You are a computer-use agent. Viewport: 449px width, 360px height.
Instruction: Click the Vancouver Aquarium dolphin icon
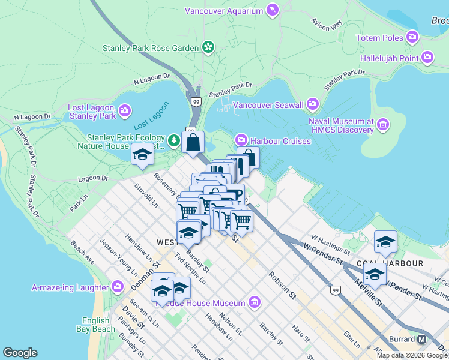(x=273, y=11)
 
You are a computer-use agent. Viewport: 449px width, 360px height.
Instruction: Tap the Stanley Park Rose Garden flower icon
(x=208, y=47)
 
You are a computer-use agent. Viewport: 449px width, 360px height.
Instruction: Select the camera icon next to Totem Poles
(x=412, y=38)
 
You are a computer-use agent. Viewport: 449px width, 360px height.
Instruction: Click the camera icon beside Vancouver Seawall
(x=312, y=105)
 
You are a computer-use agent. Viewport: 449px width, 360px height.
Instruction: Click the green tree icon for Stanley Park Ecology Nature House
(x=174, y=140)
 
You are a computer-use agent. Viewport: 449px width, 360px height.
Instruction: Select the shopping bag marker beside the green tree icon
(x=193, y=143)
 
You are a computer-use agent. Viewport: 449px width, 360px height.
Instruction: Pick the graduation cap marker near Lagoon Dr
(x=143, y=155)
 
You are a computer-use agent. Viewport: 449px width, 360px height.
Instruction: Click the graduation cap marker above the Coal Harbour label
(x=385, y=241)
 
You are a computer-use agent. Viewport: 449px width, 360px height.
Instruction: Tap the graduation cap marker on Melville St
(x=375, y=274)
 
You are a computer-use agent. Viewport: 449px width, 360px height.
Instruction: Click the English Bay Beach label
(x=95, y=325)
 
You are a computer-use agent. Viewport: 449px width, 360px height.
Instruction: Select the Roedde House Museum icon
(x=255, y=301)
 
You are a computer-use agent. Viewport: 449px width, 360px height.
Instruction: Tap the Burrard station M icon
(x=422, y=339)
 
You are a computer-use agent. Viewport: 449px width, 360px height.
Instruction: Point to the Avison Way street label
(x=326, y=24)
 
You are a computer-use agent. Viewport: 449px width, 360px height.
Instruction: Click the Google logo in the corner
(x=20, y=353)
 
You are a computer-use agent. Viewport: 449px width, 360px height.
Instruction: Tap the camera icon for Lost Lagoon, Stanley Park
(x=124, y=110)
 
